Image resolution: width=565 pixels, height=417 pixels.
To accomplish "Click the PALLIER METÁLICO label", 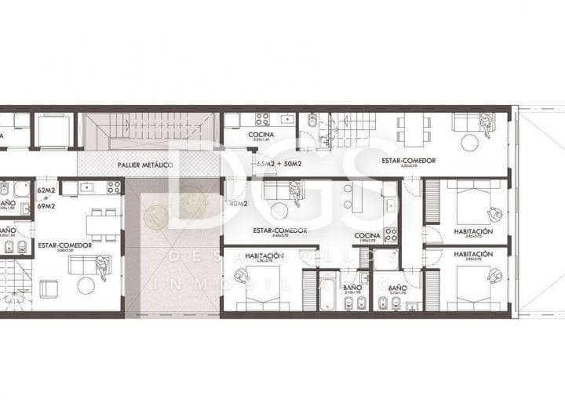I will click(145, 165).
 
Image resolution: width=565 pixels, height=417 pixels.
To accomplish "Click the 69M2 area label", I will click(47, 205).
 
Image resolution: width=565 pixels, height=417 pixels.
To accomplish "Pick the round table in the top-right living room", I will click(470, 143).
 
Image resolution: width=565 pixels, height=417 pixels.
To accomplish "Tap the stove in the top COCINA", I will click(262, 120).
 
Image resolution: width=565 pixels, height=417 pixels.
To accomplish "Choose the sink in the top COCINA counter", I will click(286, 120).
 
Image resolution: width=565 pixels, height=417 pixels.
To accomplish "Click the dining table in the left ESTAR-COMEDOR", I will click(100, 224).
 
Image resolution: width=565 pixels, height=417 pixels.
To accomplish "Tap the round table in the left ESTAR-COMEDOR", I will click(86, 285).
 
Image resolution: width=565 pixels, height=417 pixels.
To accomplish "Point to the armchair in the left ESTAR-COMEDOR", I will click(49, 288).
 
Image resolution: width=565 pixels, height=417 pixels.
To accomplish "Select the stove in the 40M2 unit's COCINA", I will click(389, 234).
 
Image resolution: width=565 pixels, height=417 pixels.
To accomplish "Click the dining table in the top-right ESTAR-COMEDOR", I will click(413, 129).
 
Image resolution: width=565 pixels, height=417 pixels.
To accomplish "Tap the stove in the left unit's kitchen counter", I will click(114, 187).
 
